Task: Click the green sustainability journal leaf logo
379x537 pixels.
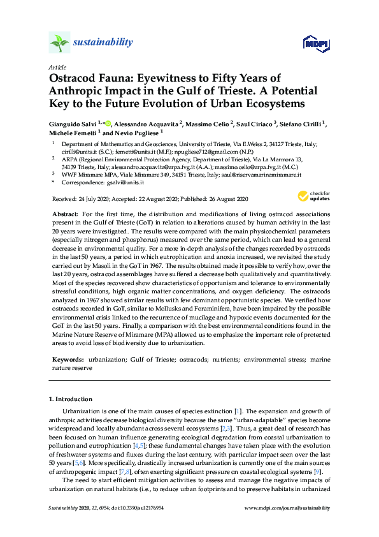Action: tap(61, 43)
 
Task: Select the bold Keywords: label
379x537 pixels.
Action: tap(68, 360)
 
